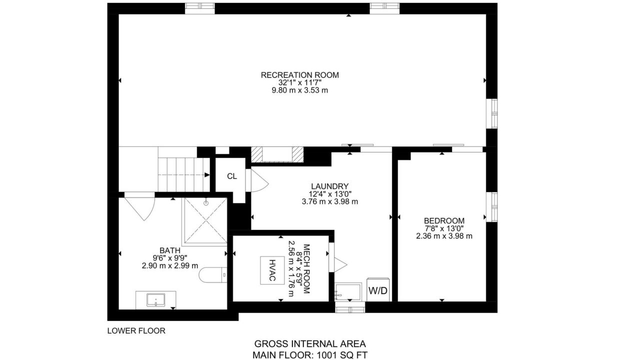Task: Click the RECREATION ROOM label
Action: click(300, 75)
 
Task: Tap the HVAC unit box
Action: click(272, 270)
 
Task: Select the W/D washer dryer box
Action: click(378, 290)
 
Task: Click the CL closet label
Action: click(232, 176)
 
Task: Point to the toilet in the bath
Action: click(213, 275)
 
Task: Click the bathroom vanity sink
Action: click(156, 300)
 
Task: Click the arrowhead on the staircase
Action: click(207, 175)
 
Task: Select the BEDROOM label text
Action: click(444, 221)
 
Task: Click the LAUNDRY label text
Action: click(329, 186)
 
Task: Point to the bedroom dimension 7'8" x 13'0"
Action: click(444, 228)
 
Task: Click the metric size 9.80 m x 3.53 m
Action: click(300, 90)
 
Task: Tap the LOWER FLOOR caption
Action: click(136, 330)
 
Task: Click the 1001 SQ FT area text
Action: click(342, 355)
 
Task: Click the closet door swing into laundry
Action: click(257, 180)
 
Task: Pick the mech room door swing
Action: click(337, 257)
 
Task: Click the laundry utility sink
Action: click(348, 291)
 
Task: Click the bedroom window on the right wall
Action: click(492, 207)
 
